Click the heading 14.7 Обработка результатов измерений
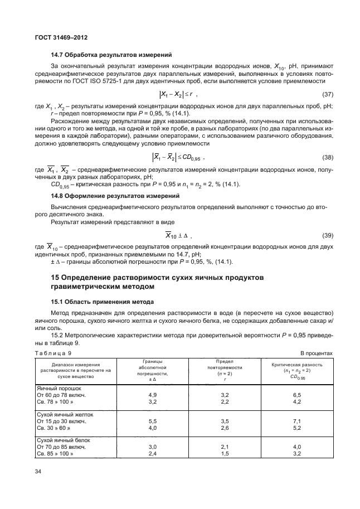pos(104,55)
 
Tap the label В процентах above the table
pos(317,353)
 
